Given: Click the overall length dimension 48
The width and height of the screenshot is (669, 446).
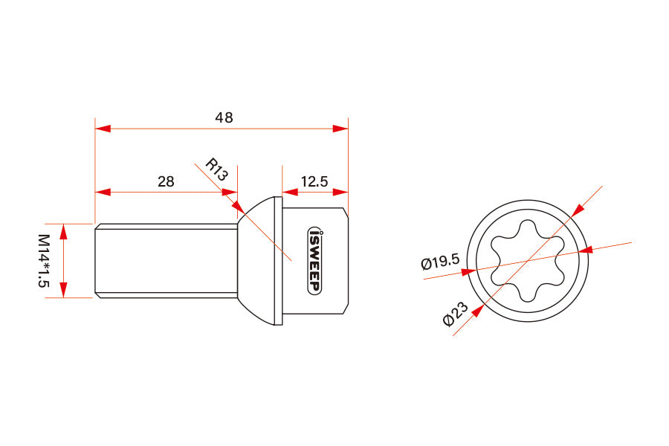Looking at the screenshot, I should click(x=224, y=117).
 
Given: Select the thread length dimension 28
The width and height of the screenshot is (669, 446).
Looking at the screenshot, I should click(x=167, y=181).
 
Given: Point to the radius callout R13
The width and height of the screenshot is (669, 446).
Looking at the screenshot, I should click(x=216, y=169).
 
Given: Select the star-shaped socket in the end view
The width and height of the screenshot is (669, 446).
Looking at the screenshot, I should click(x=526, y=261).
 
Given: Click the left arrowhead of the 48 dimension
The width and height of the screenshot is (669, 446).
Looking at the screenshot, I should click(x=103, y=129).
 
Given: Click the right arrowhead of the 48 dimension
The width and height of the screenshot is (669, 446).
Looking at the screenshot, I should click(x=340, y=129).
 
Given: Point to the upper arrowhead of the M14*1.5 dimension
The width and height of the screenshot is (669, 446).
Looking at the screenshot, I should click(x=64, y=231).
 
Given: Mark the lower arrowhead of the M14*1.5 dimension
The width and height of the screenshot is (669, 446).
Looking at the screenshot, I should click(x=64, y=290).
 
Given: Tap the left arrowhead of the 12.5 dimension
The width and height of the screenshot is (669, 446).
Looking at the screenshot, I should click(x=290, y=192).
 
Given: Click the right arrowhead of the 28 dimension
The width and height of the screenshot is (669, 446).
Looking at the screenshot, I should click(x=230, y=192).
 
